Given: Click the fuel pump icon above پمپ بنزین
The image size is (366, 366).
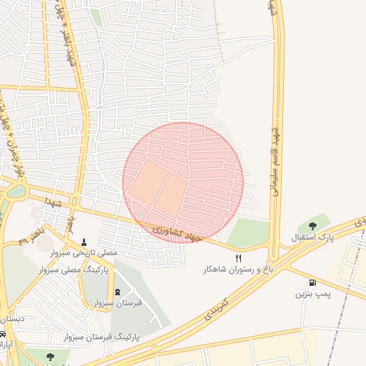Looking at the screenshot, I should (312, 282).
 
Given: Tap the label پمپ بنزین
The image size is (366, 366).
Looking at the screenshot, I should (312, 294).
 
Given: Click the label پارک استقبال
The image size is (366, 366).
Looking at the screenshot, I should (312, 237).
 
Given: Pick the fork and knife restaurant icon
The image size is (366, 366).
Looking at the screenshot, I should (239, 258).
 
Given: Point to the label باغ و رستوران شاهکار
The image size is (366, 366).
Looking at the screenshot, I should (237, 269).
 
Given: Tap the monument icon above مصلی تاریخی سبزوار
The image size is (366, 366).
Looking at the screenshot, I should (85, 242).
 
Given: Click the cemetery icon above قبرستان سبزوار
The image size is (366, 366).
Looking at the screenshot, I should (118, 292).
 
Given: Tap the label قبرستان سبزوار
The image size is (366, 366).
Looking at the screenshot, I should (118, 303).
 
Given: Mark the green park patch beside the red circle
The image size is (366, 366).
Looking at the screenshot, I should (248, 232).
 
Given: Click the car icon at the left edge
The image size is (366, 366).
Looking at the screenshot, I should (3, 335).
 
